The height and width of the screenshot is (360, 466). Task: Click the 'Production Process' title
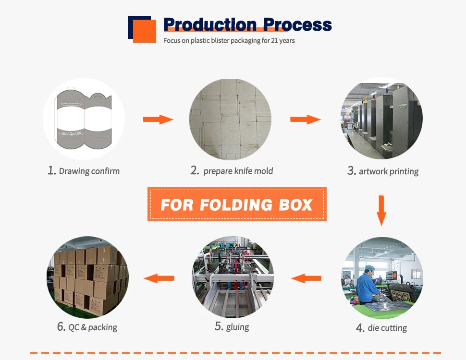pyautogui.click(x=247, y=24)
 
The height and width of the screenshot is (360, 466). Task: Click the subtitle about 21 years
pyautogui.click(x=229, y=41)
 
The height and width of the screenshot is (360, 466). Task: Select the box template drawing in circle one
pyautogui.click(x=84, y=119)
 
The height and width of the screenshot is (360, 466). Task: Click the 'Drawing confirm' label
pyautogui.click(x=84, y=170)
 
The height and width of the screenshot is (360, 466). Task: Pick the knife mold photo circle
pyautogui.click(x=230, y=119)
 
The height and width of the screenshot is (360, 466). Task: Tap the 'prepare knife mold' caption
pyautogui.click(x=232, y=170)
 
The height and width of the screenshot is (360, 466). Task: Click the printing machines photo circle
pyautogui.click(x=381, y=119)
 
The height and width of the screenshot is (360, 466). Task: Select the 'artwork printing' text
pyautogui.click(x=383, y=171)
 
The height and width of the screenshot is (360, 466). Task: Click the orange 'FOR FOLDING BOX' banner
pyautogui.click(x=237, y=204)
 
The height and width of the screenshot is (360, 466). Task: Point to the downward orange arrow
pyautogui.click(x=381, y=209)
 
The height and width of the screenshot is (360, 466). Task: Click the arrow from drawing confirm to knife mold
pyautogui.click(x=158, y=119)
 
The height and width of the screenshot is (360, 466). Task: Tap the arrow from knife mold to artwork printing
pyautogui.click(x=306, y=119)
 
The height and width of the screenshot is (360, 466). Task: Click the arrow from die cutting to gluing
pyautogui.click(x=307, y=277)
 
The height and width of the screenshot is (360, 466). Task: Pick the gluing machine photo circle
pyautogui.click(x=233, y=277)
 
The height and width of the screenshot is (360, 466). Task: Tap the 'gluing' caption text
pyautogui.click(x=232, y=327)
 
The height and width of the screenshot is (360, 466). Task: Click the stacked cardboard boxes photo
pyautogui.click(x=87, y=277)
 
